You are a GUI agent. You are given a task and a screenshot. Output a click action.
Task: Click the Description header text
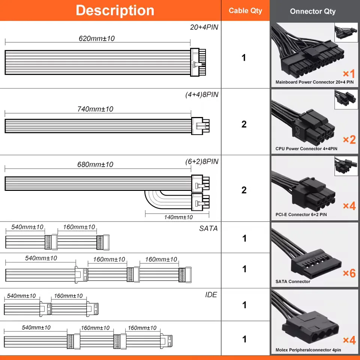click(x=115, y=10)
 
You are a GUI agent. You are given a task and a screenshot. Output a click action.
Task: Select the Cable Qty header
click(x=245, y=10)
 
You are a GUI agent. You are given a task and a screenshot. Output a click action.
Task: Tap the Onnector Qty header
click(x=312, y=11)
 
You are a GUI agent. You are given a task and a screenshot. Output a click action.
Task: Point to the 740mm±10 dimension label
click(x=95, y=109)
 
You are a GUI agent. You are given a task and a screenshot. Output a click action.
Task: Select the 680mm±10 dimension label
click(x=95, y=164)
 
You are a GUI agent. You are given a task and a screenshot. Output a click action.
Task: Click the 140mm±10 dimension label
click(x=178, y=217)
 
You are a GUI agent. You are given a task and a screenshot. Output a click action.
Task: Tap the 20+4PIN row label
click(x=204, y=27)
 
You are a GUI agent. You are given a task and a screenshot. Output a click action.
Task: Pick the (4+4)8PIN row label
click(x=202, y=95)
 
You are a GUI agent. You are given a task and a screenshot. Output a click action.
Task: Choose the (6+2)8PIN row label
click(x=202, y=162)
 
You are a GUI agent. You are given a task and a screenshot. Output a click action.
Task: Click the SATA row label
click(x=208, y=228)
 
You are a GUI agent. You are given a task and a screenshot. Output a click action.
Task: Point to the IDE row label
click(x=211, y=295)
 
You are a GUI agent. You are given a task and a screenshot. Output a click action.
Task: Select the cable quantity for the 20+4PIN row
click(x=244, y=58)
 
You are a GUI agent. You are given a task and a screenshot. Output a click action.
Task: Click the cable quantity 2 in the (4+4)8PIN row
click(x=244, y=124)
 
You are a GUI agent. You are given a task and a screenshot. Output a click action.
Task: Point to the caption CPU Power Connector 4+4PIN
click(x=306, y=149)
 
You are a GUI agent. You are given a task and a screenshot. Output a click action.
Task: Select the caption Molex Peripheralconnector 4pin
click(x=308, y=350)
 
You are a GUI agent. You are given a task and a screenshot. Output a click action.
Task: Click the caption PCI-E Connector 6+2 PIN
click(x=301, y=215)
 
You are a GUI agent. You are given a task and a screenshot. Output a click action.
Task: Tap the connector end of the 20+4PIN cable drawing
click(x=199, y=62)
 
